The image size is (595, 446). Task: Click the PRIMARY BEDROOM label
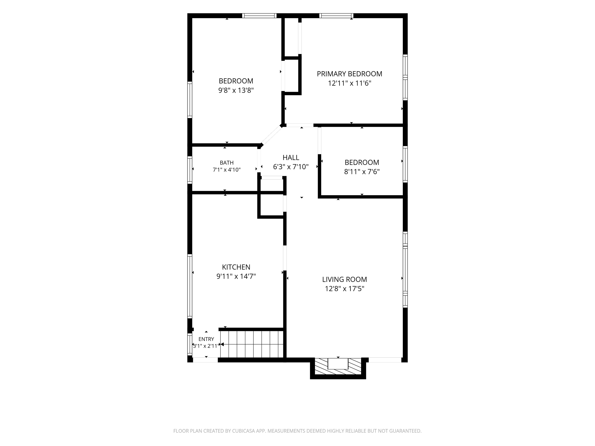(x=349, y=74)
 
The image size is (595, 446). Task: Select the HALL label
(x=291, y=158)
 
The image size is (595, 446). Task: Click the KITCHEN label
(x=236, y=267)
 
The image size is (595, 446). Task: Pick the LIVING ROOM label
(x=345, y=279)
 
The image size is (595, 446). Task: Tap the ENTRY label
(x=206, y=339)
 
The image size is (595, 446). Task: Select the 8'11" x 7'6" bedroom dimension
(x=362, y=172)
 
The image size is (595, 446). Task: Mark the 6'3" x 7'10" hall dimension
(x=291, y=167)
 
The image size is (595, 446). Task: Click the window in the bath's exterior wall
(x=190, y=170)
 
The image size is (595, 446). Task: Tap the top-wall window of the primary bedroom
(x=336, y=16)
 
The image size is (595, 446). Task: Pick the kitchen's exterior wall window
(x=190, y=286)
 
